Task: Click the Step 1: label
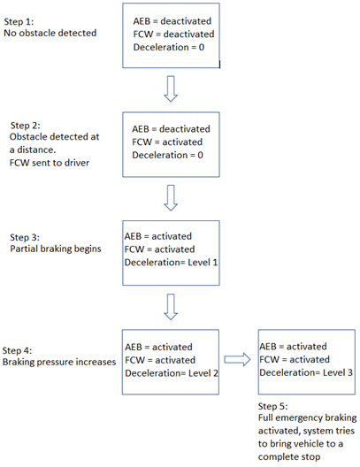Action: [19, 22]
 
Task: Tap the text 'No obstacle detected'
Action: [50, 33]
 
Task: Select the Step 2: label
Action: [26, 126]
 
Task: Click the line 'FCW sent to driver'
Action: [50, 163]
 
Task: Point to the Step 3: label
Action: [25, 237]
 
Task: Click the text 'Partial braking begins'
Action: [56, 249]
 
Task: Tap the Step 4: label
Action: [17, 350]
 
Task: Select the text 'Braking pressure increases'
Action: [59, 362]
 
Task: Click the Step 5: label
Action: [272, 406]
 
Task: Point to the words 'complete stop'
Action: [289, 457]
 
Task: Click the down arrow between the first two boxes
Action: [171, 88]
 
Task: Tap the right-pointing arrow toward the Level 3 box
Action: [237, 359]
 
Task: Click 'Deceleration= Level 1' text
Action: [171, 263]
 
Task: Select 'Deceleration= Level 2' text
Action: [172, 373]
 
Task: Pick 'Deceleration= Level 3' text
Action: [306, 372]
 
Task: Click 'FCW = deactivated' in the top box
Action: [173, 34]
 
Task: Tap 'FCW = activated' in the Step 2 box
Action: [167, 142]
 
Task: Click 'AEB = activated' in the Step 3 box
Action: [158, 236]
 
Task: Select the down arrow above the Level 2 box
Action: [171, 307]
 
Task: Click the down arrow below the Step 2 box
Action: [171, 198]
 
